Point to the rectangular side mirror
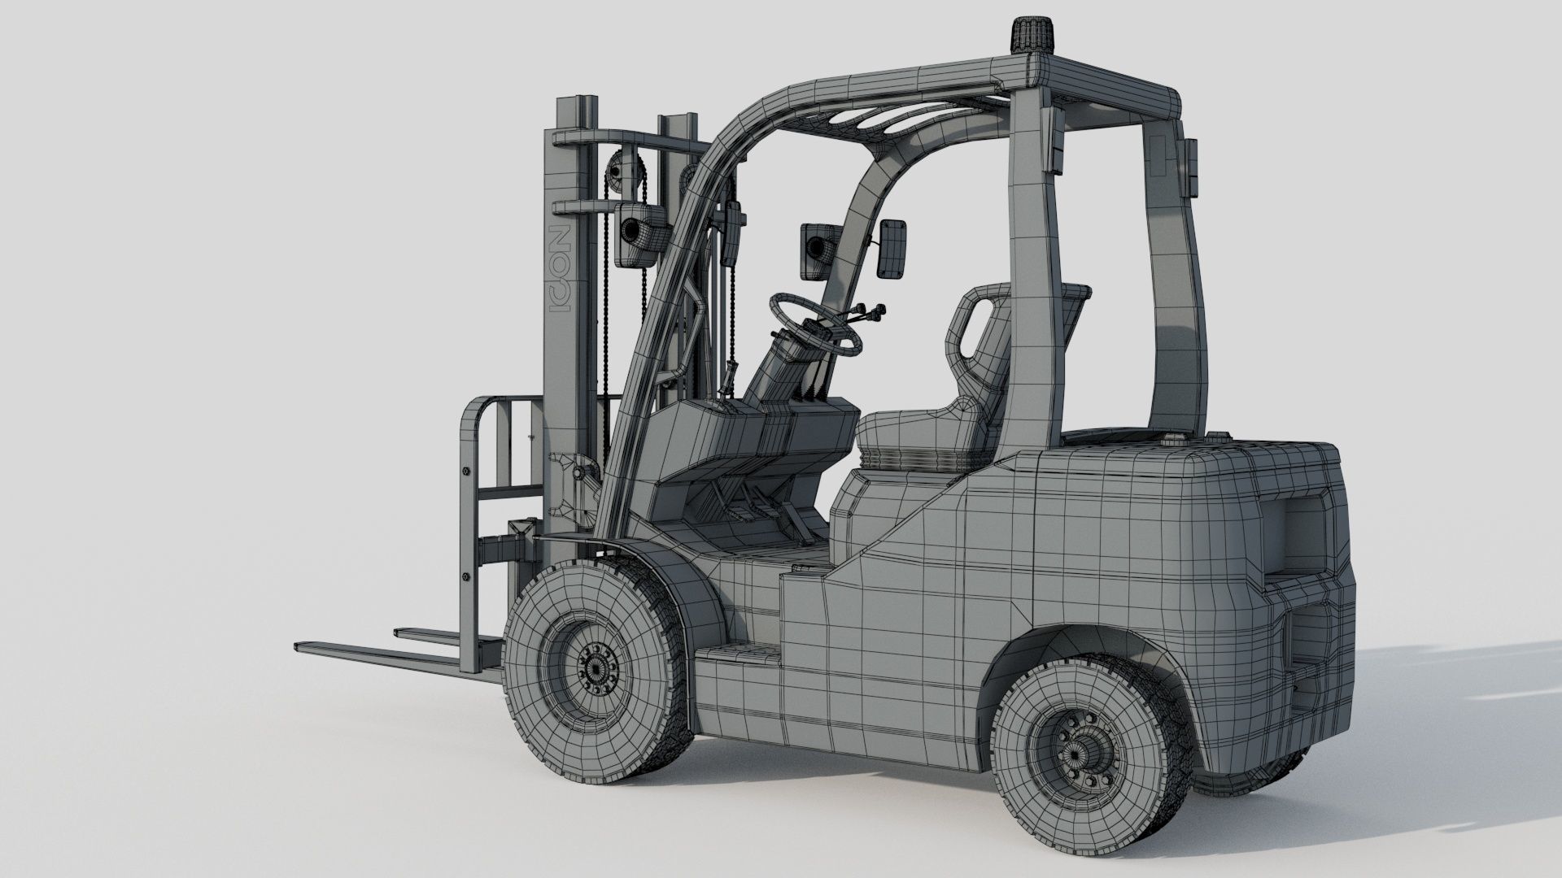(894, 248)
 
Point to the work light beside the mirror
(817, 248)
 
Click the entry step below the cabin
(736, 655)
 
